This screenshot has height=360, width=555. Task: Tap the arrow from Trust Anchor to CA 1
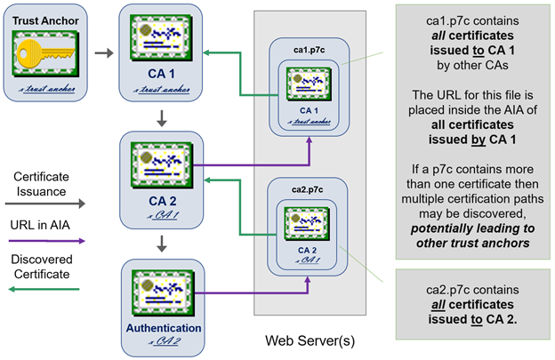click(104, 53)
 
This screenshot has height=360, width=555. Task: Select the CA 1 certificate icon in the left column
click(163, 43)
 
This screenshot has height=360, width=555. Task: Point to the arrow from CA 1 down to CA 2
click(163, 117)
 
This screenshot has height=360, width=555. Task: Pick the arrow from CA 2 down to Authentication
click(163, 244)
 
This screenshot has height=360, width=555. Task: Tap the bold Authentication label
click(163, 328)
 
